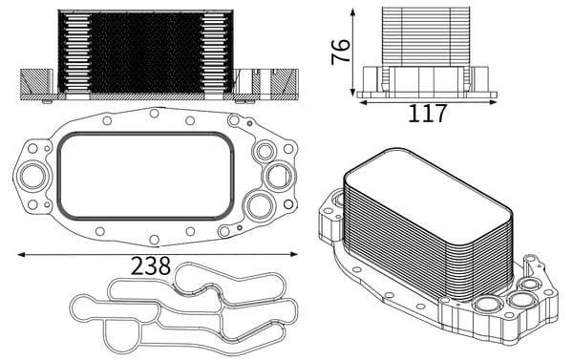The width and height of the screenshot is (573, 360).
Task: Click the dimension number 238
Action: tap(151, 265)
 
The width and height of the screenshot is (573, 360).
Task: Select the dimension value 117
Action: tap(427, 114)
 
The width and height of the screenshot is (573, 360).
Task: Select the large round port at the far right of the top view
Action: tap(278, 176)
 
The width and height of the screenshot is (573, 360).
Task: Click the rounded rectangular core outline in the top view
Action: tap(145, 175)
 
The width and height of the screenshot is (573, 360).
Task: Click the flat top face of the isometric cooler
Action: tap(425, 189)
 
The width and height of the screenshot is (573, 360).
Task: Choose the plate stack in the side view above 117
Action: tap(427, 36)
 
